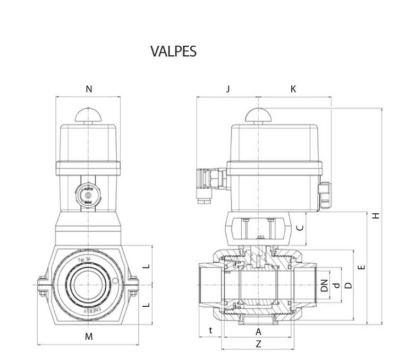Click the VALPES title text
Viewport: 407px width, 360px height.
tap(173, 52)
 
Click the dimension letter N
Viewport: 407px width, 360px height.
tap(89, 89)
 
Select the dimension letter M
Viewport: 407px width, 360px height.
tap(89, 337)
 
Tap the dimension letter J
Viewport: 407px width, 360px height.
tap(228, 89)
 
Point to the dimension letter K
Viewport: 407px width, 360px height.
tap(293, 89)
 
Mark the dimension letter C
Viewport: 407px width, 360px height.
tap(300, 228)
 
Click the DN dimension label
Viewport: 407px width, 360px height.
tap(324, 285)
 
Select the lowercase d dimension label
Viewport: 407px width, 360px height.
tap(335, 285)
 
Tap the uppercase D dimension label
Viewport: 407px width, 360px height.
tap(349, 285)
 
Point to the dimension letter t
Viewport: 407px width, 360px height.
tap(211, 331)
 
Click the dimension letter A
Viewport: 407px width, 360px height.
tap(259, 332)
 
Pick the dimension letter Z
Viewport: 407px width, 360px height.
tap(259, 344)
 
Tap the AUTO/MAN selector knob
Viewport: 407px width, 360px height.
tap(88, 196)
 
